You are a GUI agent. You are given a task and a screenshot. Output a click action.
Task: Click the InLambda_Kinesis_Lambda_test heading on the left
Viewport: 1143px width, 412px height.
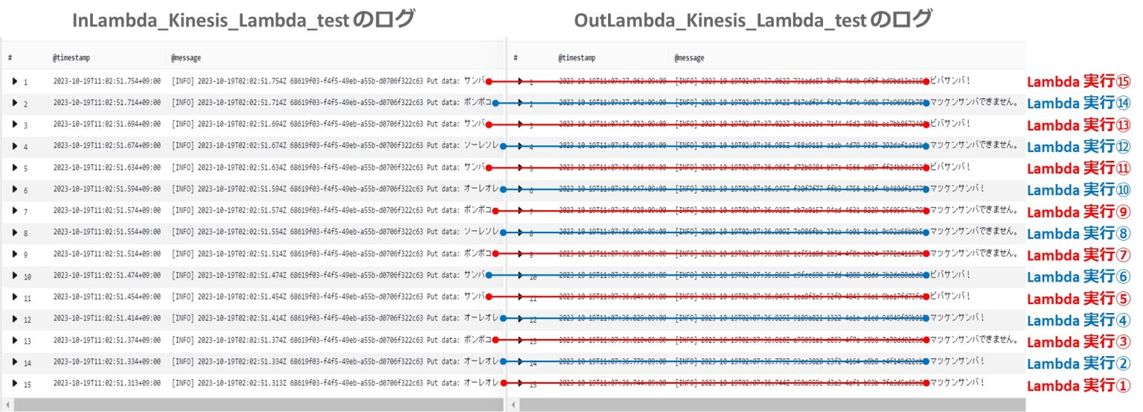tap(243, 20)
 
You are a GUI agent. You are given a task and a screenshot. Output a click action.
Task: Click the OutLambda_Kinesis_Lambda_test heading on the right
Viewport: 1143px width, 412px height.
tap(752, 20)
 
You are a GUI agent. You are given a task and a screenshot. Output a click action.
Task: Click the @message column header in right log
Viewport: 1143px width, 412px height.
tap(689, 57)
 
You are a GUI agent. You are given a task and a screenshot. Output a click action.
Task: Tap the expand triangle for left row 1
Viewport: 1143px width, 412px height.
tap(14, 81)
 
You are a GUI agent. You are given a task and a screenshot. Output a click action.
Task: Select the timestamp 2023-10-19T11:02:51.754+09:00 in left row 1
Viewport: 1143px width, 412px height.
tap(106, 81)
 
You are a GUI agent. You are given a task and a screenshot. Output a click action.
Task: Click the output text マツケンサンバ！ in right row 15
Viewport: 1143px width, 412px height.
tap(957, 383)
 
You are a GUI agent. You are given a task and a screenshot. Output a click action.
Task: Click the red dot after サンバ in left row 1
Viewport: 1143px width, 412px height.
tap(488, 81)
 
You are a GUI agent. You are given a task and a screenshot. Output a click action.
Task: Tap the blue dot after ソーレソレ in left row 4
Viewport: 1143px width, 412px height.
tap(504, 146)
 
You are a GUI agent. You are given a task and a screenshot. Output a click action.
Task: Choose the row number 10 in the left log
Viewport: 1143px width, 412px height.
tap(27, 276)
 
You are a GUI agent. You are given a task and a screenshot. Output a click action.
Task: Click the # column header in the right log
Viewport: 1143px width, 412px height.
tap(516, 57)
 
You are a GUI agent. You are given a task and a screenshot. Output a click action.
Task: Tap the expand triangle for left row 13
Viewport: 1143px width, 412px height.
tap(14, 340)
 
